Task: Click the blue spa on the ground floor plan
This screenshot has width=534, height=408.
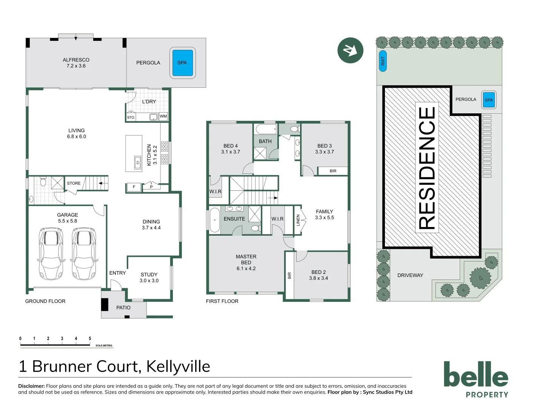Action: (182, 63)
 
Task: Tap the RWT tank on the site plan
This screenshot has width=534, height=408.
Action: (383, 61)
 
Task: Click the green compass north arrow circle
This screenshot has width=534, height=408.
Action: (350, 50)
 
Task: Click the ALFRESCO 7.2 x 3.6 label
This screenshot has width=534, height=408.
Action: (76, 63)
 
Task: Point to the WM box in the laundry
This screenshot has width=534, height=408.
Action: (163, 116)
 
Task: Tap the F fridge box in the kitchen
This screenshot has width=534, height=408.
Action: (134, 187)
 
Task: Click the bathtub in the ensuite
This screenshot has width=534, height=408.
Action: (214, 219)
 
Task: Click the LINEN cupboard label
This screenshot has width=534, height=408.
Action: (298, 220)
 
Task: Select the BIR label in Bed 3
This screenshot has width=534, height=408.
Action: (332, 171)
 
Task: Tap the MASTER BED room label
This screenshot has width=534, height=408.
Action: (246, 262)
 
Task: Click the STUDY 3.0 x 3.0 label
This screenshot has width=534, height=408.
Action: (149, 278)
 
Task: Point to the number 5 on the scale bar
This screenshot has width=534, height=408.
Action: (90, 338)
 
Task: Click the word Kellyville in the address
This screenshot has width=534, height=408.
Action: (178, 366)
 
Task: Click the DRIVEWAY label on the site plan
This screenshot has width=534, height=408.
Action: (410, 275)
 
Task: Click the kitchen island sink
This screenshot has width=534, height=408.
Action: (138, 162)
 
